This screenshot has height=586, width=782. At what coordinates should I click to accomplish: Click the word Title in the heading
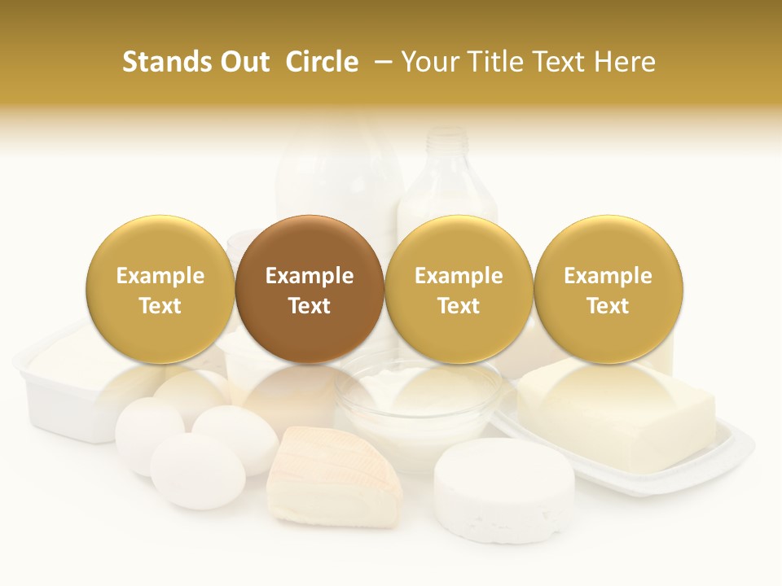coord(498,62)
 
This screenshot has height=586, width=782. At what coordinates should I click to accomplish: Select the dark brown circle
coord(310,289)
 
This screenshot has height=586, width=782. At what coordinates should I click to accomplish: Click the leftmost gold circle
coord(160,289)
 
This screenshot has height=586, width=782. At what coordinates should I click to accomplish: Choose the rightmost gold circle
coord(608,289)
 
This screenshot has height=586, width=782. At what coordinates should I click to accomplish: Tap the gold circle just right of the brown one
coord(459,289)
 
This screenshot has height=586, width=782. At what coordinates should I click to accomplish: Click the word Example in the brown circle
coord(310,276)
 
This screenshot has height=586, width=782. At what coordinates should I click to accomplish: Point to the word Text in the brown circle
coord(310,306)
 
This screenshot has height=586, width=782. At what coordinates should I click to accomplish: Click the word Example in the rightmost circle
coord(608,276)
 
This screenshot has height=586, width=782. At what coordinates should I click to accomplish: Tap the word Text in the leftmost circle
coord(160,306)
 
